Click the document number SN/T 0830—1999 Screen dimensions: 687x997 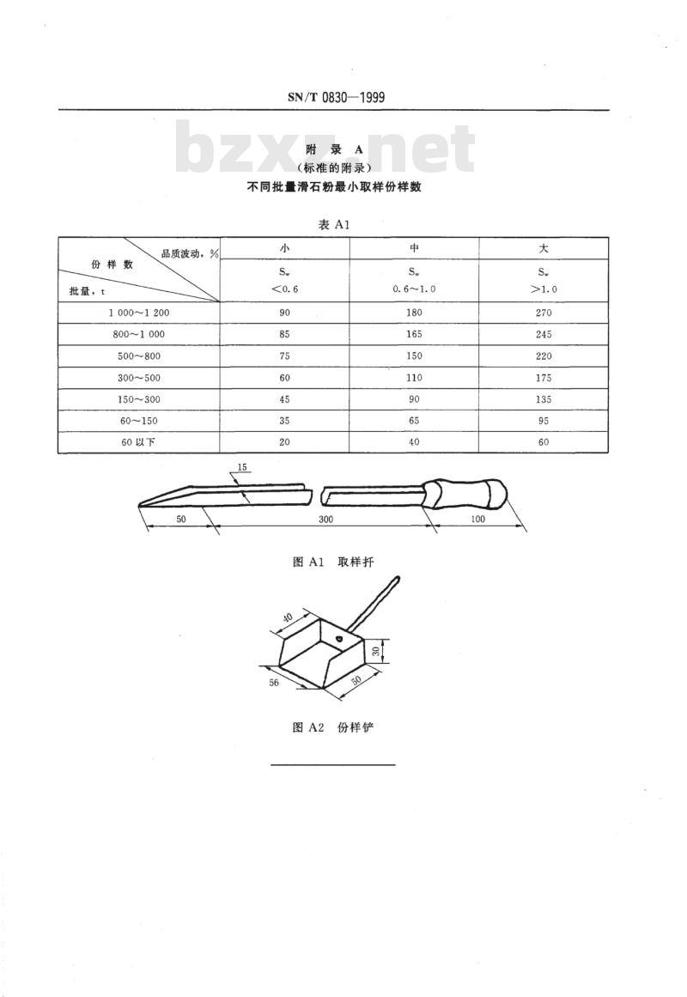[x=336, y=97]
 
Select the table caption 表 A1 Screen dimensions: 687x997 [x=334, y=224]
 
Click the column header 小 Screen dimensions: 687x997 [x=284, y=248]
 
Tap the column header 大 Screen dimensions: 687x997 [x=544, y=248]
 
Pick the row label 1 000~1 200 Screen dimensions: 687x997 [x=138, y=313]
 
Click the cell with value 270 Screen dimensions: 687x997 [x=544, y=313]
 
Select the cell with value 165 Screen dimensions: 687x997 [x=413, y=334]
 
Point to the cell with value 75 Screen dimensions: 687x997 [x=284, y=356]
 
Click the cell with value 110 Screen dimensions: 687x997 [x=413, y=378]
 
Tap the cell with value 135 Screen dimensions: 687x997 [x=544, y=399]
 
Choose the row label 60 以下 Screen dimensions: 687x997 [x=138, y=442]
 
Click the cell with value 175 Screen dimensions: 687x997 [x=544, y=378]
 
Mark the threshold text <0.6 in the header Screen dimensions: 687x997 [x=284, y=289]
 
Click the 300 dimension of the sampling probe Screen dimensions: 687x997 [x=325, y=519]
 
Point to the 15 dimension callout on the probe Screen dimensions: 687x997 [x=242, y=467]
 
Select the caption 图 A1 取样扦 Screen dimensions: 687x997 [x=333, y=562]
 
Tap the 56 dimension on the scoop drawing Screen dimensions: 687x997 [x=274, y=683]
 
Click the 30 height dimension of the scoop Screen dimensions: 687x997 [x=376, y=651]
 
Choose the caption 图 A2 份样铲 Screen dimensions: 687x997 [x=333, y=727]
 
